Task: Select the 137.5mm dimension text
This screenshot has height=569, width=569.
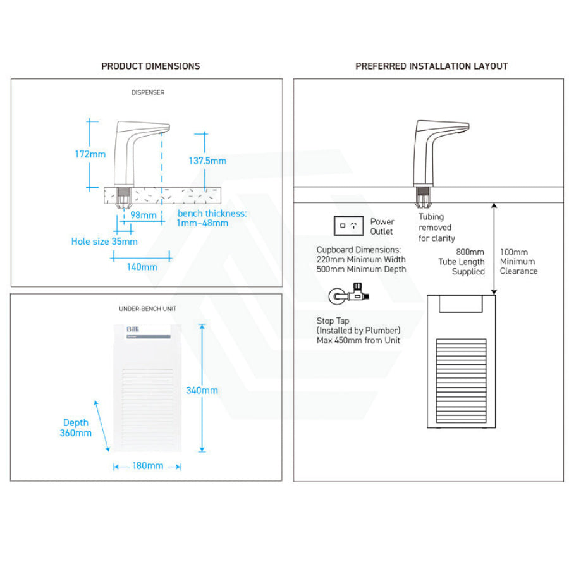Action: click(x=207, y=161)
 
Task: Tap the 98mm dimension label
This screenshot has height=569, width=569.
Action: click(x=143, y=215)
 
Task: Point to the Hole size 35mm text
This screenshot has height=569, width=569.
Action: click(x=104, y=241)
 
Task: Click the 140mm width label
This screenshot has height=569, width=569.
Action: click(x=142, y=267)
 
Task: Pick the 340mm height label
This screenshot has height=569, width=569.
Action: click(x=202, y=390)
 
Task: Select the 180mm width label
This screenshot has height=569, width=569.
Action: click(x=147, y=466)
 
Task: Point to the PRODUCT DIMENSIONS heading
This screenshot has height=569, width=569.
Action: click(x=150, y=66)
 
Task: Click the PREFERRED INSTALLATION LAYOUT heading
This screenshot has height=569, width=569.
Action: click(x=432, y=66)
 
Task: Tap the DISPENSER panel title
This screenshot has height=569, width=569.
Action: click(x=148, y=92)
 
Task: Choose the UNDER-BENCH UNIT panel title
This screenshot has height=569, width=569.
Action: click(x=148, y=309)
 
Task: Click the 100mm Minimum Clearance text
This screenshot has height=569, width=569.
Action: click(x=518, y=261)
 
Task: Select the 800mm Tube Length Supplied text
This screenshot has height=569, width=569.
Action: click(x=462, y=262)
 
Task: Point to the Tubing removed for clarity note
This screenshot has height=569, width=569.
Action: click(x=436, y=228)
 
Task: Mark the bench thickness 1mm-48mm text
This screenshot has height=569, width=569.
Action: click(x=212, y=218)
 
